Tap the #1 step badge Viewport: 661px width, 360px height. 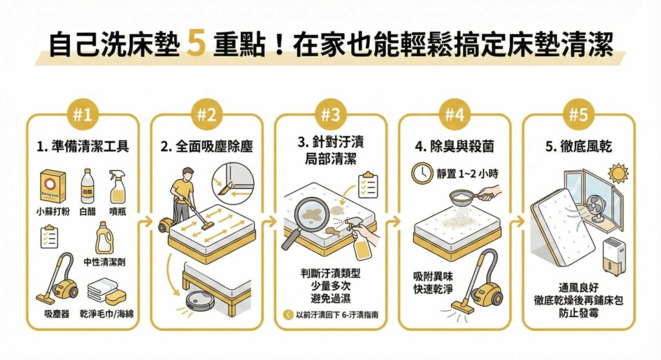82,116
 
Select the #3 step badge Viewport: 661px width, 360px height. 330,116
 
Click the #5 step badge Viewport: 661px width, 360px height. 578,116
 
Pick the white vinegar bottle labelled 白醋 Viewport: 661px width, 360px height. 86,186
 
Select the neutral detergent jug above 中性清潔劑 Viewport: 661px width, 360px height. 104,239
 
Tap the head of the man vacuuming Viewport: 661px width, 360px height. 185,175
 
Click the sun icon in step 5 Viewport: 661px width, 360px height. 617,174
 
